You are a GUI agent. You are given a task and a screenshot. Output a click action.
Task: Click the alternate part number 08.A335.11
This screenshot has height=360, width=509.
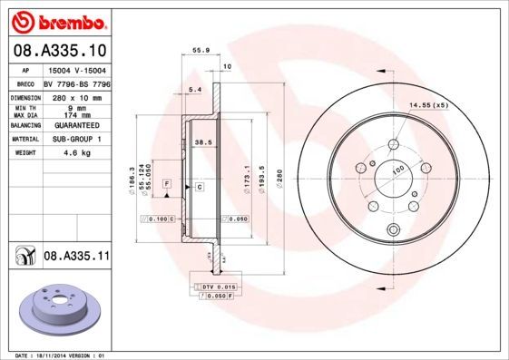pos(77,258)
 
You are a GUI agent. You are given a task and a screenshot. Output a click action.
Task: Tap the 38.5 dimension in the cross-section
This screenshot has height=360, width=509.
pos(203,142)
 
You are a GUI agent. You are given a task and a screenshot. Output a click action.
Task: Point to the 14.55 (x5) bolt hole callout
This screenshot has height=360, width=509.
pos(429,106)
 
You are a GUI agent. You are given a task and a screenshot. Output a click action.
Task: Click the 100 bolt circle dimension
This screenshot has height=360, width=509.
pos(397,169)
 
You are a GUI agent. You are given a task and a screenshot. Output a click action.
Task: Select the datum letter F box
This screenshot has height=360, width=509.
pos(167,184)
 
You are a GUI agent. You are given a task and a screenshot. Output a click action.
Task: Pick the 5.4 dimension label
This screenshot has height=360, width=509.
pos(192,89)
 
